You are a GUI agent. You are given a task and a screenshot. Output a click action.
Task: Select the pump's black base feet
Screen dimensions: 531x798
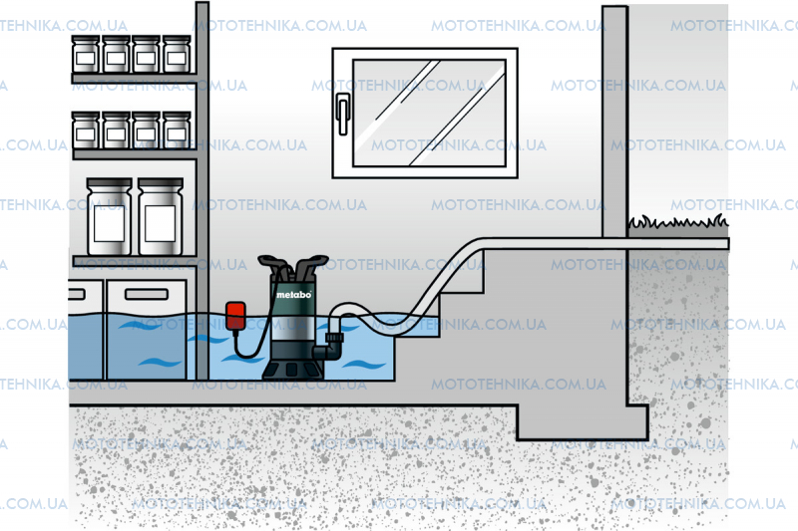click(293, 368)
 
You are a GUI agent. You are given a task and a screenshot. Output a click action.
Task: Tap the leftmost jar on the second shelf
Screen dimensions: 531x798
click(87, 131)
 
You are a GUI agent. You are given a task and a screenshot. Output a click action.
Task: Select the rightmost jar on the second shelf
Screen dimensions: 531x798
click(177, 131)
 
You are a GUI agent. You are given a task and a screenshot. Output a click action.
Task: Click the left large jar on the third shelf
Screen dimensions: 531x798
click(108, 217)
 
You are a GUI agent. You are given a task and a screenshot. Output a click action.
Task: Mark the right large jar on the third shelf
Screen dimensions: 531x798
click(160, 217)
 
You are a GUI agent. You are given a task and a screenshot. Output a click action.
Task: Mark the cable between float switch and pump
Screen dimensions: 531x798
click(251, 349)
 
